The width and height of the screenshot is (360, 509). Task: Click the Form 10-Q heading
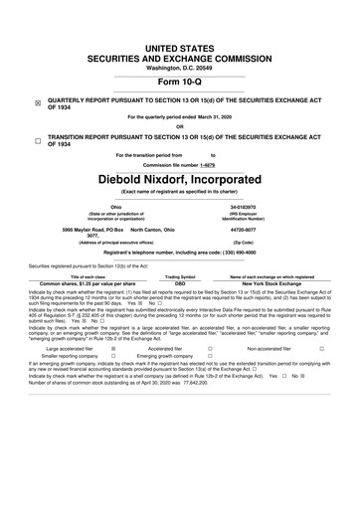(179, 82)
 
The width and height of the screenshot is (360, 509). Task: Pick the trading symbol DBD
(179, 283)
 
